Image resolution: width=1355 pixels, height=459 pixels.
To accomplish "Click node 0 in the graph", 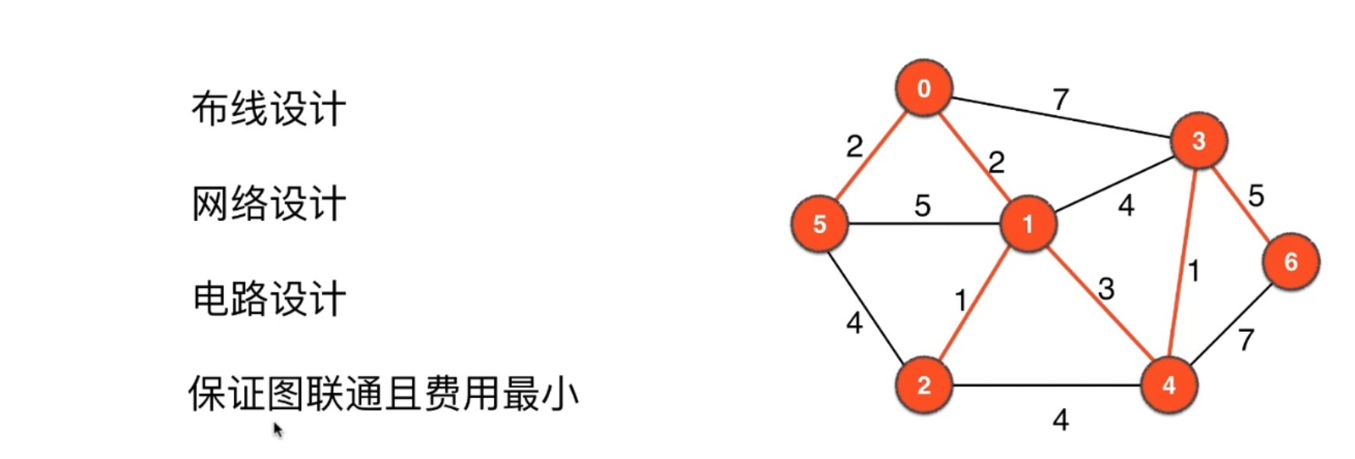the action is tap(924, 88).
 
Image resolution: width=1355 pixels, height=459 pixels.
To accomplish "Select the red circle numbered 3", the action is tap(1198, 141).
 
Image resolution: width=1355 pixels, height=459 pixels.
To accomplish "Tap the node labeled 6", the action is tap(1290, 262).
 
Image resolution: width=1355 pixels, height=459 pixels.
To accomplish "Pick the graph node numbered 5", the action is tap(819, 224).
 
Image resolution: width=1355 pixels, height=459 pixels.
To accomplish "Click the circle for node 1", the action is tap(1027, 224).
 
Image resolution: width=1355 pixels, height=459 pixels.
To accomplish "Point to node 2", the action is tap(924, 385).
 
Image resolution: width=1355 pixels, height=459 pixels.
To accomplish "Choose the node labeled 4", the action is tap(1168, 385).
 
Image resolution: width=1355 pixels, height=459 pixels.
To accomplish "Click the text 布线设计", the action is tap(268, 109).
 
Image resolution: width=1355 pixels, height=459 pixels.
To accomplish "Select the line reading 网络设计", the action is tap(268, 204).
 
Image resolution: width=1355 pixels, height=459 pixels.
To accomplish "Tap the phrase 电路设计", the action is tap(268, 299).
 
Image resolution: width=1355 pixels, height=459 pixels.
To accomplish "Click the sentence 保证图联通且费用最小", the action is tap(383, 393).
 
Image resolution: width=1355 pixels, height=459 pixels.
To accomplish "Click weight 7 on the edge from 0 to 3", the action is tap(1060, 100).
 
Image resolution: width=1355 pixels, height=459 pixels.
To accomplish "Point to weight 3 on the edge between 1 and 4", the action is tap(1106, 290).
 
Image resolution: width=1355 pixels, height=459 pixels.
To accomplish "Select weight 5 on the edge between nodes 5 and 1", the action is tap(923, 206).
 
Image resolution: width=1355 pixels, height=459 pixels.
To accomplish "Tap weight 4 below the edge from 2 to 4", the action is tap(1060, 421).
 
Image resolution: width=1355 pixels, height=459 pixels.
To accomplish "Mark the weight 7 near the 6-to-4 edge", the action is tap(1246, 340).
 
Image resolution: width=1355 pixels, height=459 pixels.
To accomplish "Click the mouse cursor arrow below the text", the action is tap(278, 430).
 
